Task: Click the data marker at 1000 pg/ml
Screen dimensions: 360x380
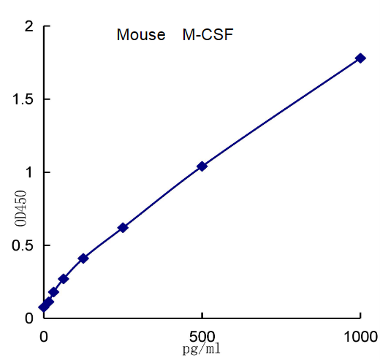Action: click(360, 58)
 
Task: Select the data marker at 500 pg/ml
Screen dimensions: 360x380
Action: click(202, 166)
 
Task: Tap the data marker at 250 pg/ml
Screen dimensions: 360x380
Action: click(123, 228)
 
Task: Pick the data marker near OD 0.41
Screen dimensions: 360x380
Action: click(83, 258)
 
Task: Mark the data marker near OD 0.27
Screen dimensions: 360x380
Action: click(64, 279)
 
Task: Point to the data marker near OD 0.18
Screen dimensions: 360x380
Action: click(53, 292)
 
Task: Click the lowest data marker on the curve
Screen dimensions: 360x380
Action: click(44, 307)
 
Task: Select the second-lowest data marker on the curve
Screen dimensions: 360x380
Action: click(49, 302)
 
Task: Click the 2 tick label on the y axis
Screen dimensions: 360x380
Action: click(29, 27)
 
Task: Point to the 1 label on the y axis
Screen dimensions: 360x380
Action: click(29, 172)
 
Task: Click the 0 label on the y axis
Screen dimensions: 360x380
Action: click(29, 318)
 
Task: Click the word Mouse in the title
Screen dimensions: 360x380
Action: click(141, 35)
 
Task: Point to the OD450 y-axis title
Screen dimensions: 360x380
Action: click(20, 209)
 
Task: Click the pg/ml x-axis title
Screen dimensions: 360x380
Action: click(201, 349)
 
